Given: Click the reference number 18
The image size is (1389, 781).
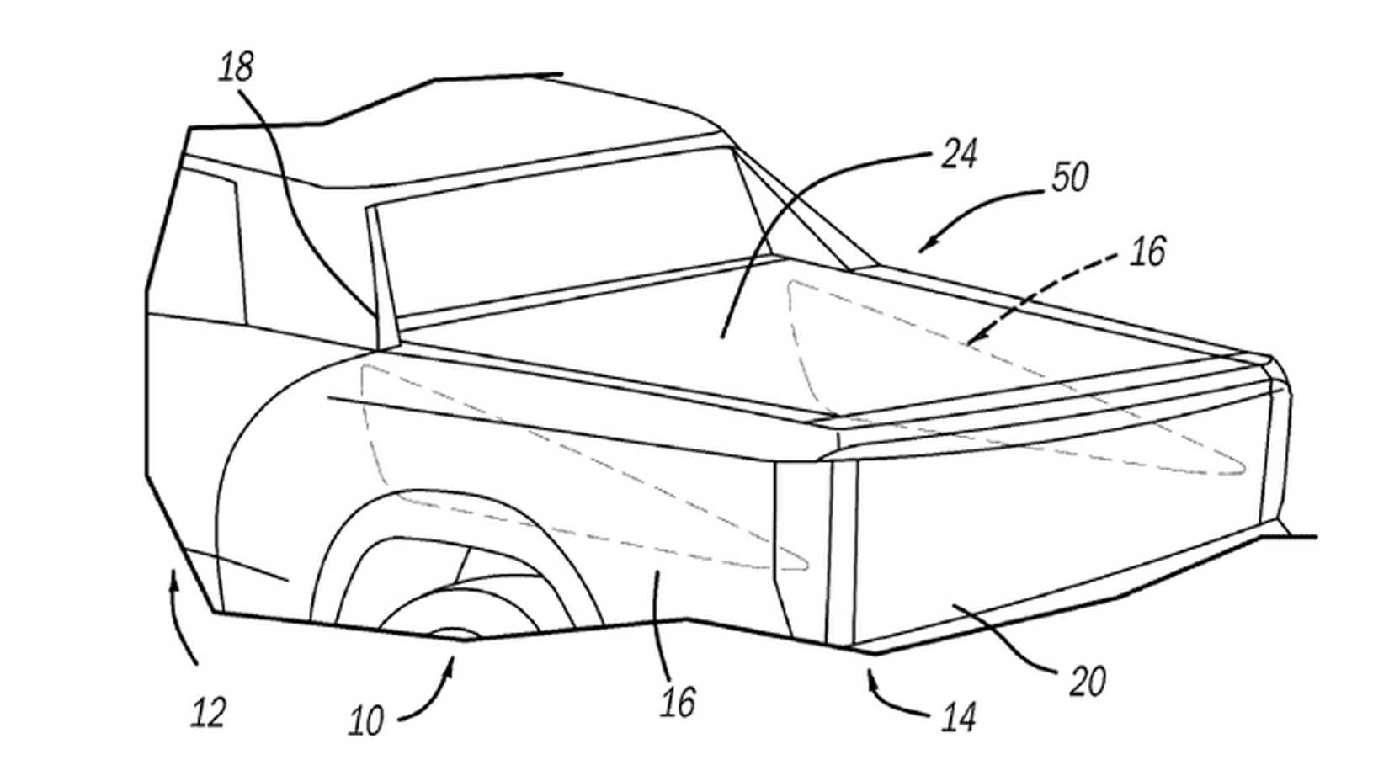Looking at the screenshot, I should pos(236,67).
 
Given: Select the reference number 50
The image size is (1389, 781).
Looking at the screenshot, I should pos(1070,178).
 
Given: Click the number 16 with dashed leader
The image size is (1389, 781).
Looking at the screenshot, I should pos(1148,252).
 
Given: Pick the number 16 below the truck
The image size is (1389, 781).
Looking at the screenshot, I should pos(678,701).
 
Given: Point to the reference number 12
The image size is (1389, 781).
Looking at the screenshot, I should pos(208,713).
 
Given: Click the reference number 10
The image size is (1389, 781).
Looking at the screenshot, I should pos(366,721).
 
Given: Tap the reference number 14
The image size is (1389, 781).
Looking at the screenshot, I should pos(959,718).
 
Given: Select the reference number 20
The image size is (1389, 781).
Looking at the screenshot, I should pos(1087,681).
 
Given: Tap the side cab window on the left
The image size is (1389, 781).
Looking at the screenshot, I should pos(198,252).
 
